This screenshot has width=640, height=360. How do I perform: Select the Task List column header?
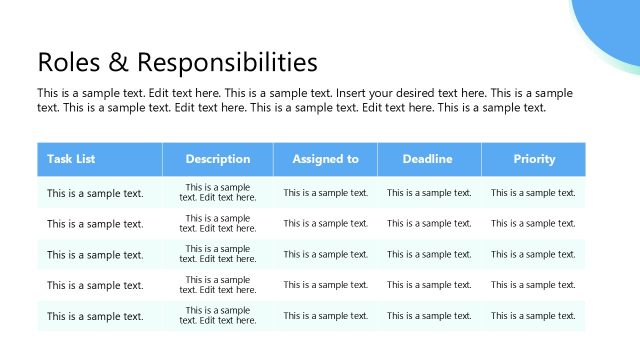71,159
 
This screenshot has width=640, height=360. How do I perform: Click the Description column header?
218,159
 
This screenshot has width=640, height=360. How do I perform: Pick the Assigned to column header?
325,159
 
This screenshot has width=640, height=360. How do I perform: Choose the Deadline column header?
428,159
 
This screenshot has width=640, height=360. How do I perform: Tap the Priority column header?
533,159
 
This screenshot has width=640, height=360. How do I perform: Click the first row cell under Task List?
95,193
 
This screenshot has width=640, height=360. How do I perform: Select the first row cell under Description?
218,193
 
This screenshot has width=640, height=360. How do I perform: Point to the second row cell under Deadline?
429,224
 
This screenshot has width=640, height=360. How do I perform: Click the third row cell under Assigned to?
325,255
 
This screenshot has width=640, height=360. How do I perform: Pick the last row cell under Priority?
533,316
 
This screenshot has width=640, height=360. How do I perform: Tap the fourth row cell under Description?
218,286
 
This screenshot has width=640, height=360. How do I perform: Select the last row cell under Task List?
95,316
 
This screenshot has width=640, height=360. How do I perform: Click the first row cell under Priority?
533,193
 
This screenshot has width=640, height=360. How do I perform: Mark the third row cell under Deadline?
429,255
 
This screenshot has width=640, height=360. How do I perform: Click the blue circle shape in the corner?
610,30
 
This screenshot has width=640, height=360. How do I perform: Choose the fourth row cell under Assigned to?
325,286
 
